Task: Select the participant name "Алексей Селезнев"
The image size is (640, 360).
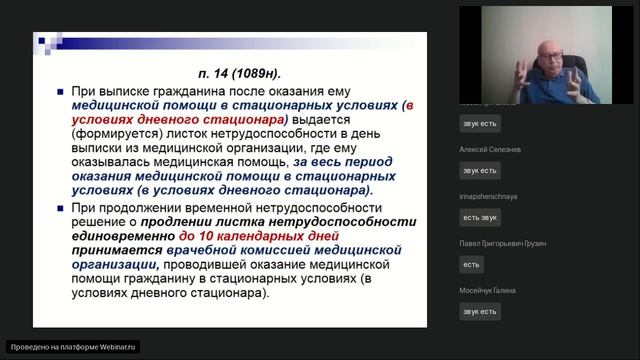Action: click(491, 149)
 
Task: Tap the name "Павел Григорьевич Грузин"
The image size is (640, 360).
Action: click(503, 244)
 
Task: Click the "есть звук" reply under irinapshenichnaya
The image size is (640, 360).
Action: click(479, 217)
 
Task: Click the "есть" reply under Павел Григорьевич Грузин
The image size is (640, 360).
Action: click(472, 264)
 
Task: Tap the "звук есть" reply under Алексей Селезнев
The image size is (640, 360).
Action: click(479, 170)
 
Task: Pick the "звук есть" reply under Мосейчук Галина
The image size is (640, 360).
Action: click(479, 311)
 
